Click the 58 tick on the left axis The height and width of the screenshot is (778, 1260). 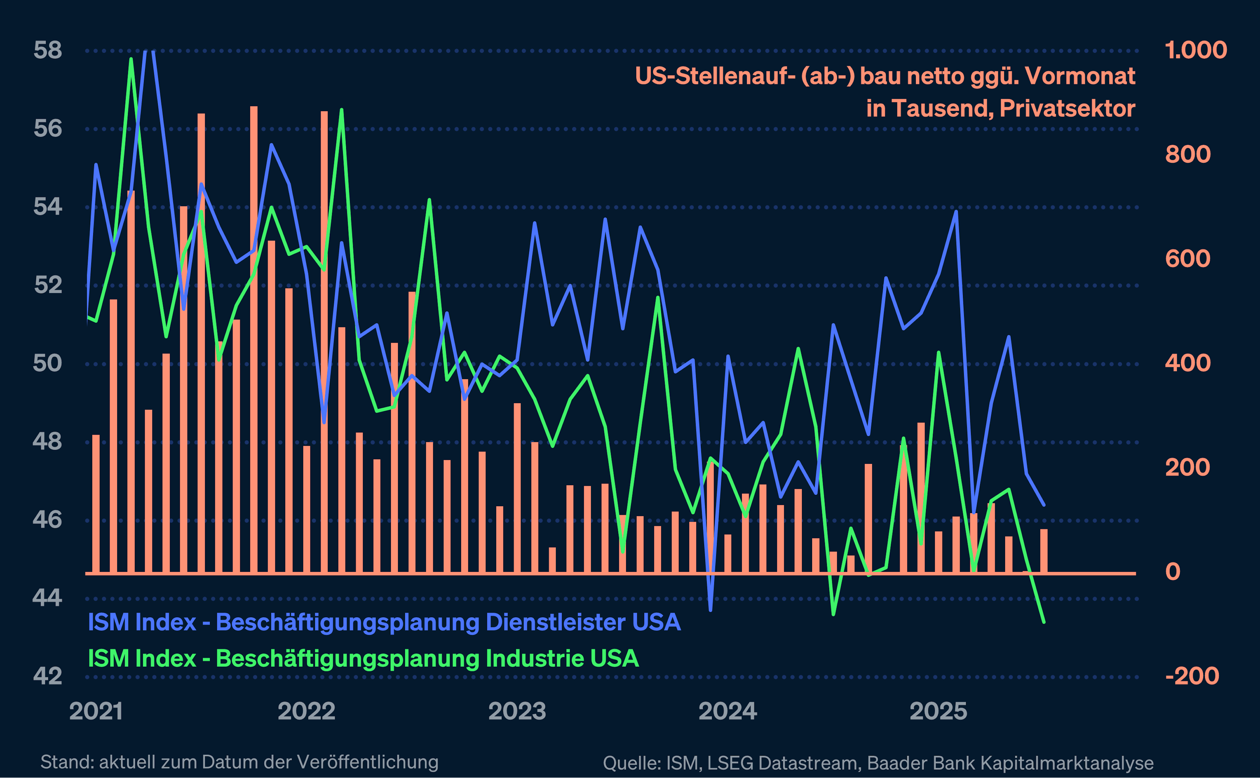pyautogui.click(x=47, y=51)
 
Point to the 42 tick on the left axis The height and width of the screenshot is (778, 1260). pyautogui.click(x=47, y=676)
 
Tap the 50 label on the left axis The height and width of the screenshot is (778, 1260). pyautogui.click(x=47, y=363)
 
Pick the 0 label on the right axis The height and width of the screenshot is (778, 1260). pyautogui.click(x=1173, y=572)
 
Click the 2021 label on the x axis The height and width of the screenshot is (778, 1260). pyautogui.click(x=96, y=712)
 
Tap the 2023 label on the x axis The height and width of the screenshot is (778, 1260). pyautogui.click(x=517, y=712)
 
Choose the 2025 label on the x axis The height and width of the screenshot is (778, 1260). pyautogui.click(x=938, y=712)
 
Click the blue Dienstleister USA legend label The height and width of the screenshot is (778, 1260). pyautogui.click(x=384, y=622)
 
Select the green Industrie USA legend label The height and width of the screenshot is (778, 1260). pyautogui.click(x=363, y=659)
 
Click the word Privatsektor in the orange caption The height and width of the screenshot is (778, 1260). pyautogui.click(x=1067, y=109)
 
